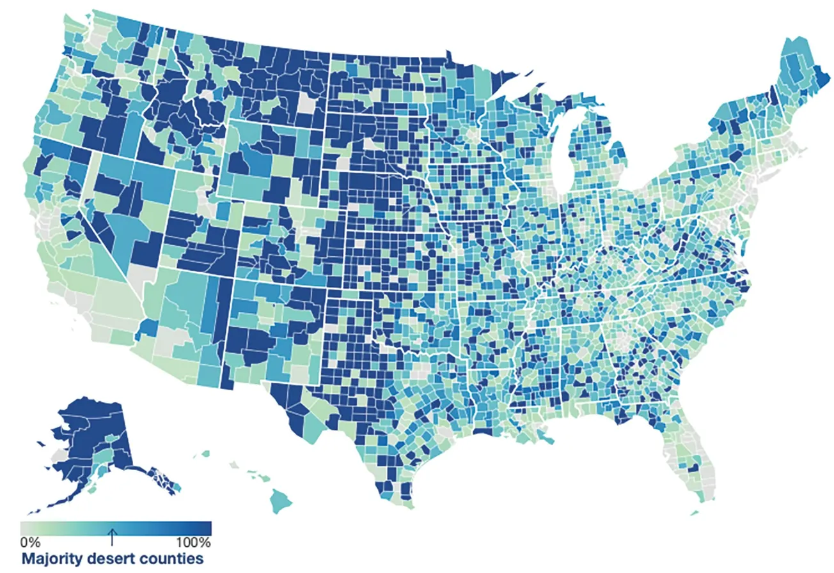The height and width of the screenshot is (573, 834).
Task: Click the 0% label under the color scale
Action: point(30,542)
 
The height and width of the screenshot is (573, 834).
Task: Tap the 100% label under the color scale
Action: point(193,542)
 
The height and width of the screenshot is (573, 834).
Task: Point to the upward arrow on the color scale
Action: point(112,537)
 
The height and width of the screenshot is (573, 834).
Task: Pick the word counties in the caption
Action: point(173,559)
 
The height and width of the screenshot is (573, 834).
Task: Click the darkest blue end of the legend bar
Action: point(205,528)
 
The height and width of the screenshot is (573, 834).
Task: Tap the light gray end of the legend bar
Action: point(26,528)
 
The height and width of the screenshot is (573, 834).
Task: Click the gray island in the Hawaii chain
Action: point(234,466)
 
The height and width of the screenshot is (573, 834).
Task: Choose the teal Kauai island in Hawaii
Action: point(206,454)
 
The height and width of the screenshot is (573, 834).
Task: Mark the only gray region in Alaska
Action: point(59,455)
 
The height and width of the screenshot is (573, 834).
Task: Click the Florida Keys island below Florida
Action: point(695,512)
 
